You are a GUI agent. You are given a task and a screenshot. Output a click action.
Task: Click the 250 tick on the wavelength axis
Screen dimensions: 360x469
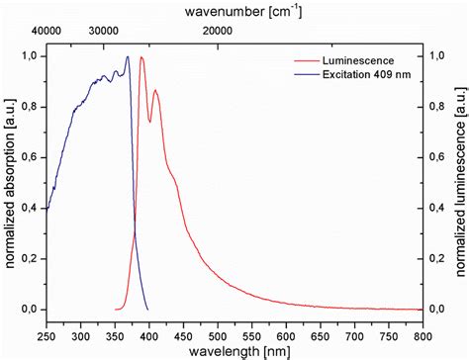coord(47,324)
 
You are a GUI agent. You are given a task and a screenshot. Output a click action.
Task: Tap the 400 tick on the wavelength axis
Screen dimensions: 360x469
coord(149,324)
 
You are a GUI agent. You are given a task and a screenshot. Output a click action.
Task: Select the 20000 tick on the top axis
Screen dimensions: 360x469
coord(218,31)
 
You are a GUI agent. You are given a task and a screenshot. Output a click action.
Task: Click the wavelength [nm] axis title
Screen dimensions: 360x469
coord(234,344)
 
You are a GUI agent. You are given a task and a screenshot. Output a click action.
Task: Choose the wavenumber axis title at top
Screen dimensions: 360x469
coord(234,12)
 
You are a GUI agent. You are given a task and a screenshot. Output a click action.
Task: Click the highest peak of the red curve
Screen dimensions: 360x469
coord(141,57)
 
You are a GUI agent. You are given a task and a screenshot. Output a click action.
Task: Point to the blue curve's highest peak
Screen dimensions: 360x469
coord(128,57)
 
